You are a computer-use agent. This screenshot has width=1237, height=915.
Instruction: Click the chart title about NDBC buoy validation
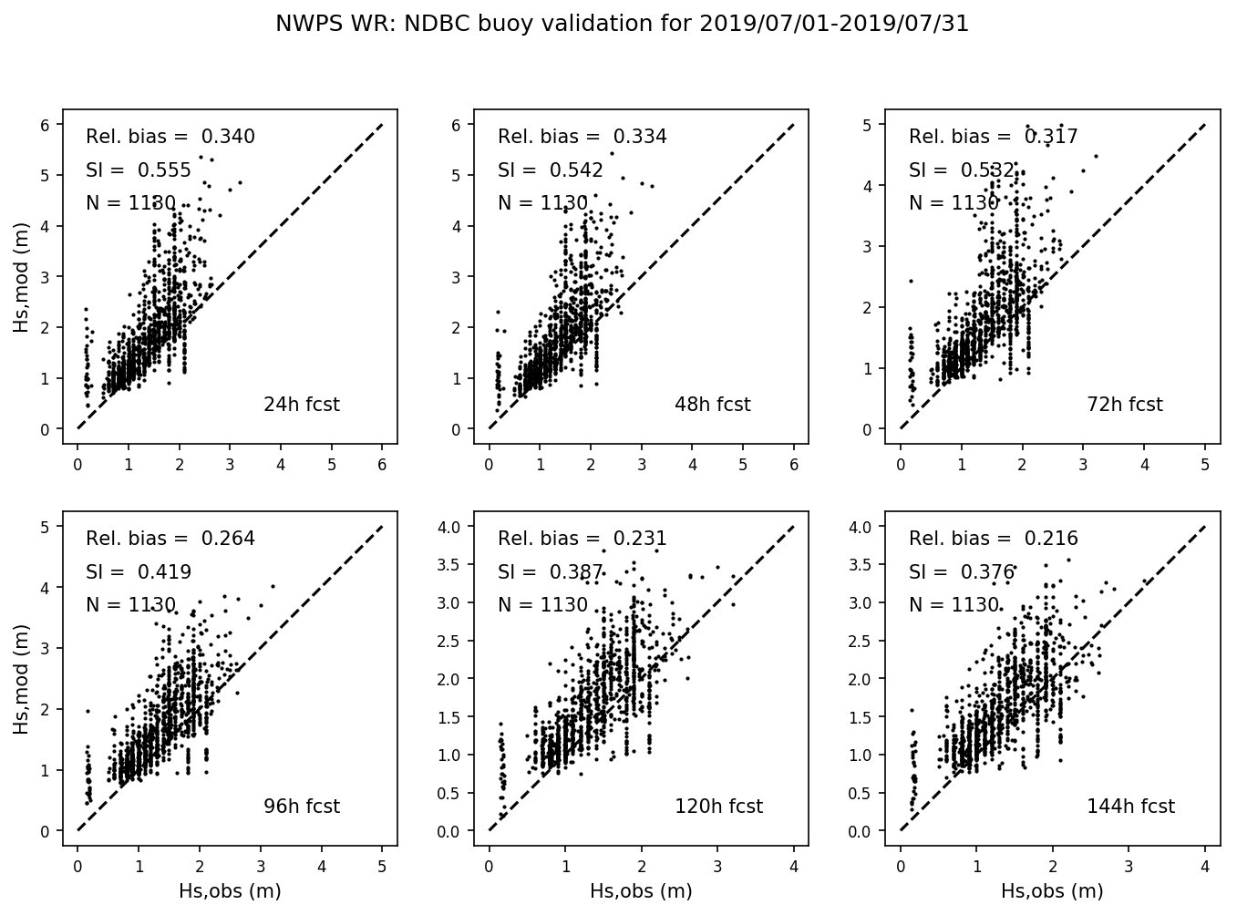click(622, 25)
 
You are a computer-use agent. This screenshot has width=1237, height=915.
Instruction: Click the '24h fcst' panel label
click(301, 405)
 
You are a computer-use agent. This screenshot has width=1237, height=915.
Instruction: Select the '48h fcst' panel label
click(712, 405)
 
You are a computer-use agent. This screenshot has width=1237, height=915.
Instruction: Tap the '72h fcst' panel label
click(1124, 405)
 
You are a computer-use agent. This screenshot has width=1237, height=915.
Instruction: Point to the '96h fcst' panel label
click(301, 807)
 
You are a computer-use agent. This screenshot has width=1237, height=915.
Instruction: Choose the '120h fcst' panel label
click(718, 807)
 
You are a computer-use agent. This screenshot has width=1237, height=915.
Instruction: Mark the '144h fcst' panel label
click(1130, 807)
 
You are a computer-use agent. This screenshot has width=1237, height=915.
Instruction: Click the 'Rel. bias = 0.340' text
click(170, 138)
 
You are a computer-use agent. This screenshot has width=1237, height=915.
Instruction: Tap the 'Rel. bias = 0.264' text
click(170, 539)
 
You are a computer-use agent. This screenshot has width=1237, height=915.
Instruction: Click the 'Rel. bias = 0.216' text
click(993, 539)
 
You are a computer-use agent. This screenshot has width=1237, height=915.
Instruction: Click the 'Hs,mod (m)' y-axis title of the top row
click(21, 275)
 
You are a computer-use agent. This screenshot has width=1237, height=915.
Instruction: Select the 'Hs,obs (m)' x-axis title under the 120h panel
click(641, 891)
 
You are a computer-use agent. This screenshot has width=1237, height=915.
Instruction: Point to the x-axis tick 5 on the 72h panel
click(1205, 465)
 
